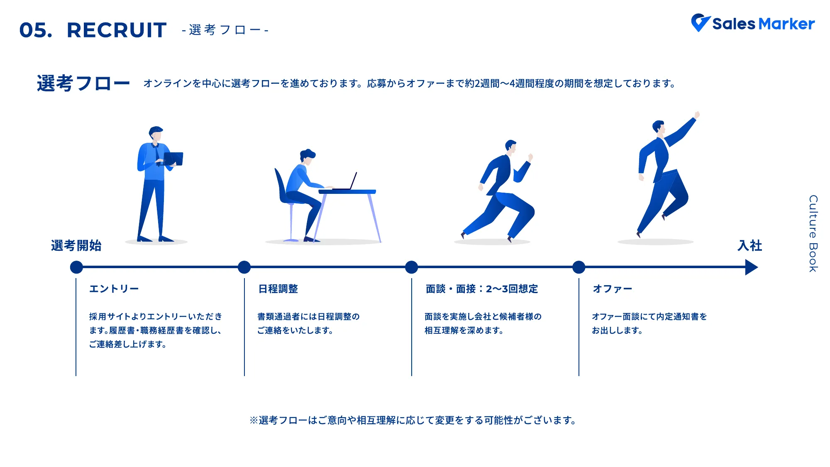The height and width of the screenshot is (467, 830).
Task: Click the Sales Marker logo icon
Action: click(701, 22)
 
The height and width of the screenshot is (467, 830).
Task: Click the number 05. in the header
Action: click(36, 30)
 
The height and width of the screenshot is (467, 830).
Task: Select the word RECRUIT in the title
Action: click(117, 30)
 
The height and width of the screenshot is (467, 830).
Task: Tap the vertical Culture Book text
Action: click(813, 234)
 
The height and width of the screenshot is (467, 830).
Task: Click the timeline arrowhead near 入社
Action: click(751, 267)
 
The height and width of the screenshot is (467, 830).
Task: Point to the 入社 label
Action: click(749, 246)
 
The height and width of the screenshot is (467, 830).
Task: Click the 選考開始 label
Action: click(76, 246)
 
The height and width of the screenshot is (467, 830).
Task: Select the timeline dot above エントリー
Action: click(76, 267)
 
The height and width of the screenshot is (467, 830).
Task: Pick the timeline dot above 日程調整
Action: click(244, 267)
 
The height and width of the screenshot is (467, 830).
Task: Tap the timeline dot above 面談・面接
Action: click(411, 267)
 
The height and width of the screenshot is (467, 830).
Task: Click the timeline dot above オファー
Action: click(579, 267)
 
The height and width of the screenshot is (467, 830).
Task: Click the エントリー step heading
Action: click(114, 289)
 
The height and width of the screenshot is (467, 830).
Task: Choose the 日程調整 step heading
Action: click(278, 289)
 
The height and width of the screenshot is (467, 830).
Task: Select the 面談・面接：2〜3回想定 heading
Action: click(482, 289)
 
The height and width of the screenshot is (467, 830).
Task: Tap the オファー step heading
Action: click(613, 289)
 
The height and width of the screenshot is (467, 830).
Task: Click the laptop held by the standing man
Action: click(173, 159)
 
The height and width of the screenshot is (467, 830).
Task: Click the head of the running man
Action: click(511, 146)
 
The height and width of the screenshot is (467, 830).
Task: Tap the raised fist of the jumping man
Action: click(697, 115)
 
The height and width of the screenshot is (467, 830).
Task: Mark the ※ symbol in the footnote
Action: click(254, 421)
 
